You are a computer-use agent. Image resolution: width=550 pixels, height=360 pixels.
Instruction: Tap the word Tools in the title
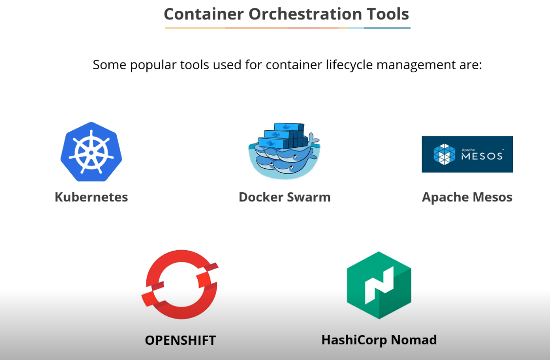[x=389, y=14]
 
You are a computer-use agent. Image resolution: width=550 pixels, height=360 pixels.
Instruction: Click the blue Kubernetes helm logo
[x=91, y=151]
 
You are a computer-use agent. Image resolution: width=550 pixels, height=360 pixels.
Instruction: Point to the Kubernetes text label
[x=91, y=197]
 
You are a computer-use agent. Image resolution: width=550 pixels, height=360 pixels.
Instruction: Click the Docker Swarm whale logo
[x=284, y=151]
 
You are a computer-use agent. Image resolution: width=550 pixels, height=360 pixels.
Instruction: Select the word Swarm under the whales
[x=308, y=197]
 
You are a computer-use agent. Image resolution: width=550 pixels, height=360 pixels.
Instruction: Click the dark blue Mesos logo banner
[x=467, y=154]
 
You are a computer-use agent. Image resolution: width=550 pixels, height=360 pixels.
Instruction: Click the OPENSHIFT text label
[x=180, y=340]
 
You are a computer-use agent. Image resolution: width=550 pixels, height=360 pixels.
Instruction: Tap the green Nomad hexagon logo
[x=379, y=285]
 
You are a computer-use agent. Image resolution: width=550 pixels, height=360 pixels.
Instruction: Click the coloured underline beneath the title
[x=287, y=28]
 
